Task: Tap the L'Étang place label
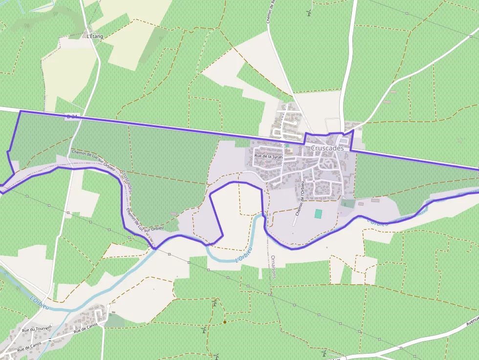pos(94,36)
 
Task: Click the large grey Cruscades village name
pos(327,148)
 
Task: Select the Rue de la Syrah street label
pos(269,156)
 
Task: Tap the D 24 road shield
pos(71,116)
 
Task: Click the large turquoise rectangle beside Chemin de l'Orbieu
pos(319,214)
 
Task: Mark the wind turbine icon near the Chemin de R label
pos(309,13)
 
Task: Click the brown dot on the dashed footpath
pos(224,322)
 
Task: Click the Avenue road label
pos(472,323)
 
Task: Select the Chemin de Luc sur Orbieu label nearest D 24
pos(93,159)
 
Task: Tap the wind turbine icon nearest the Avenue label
pos(323,352)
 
